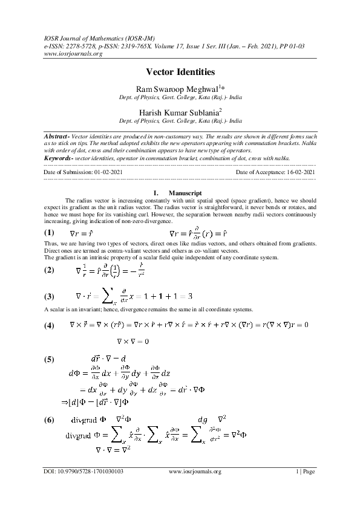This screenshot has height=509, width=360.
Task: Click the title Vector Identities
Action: coord(180,72)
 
